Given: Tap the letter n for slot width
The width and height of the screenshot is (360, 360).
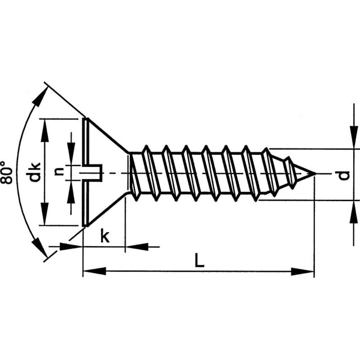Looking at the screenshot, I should point(58,171).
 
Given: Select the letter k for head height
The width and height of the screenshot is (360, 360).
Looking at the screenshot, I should point(104,236).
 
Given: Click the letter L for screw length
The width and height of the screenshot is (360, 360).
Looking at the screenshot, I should point(199,261).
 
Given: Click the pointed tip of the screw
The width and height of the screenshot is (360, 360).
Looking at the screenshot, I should point(313,173).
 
